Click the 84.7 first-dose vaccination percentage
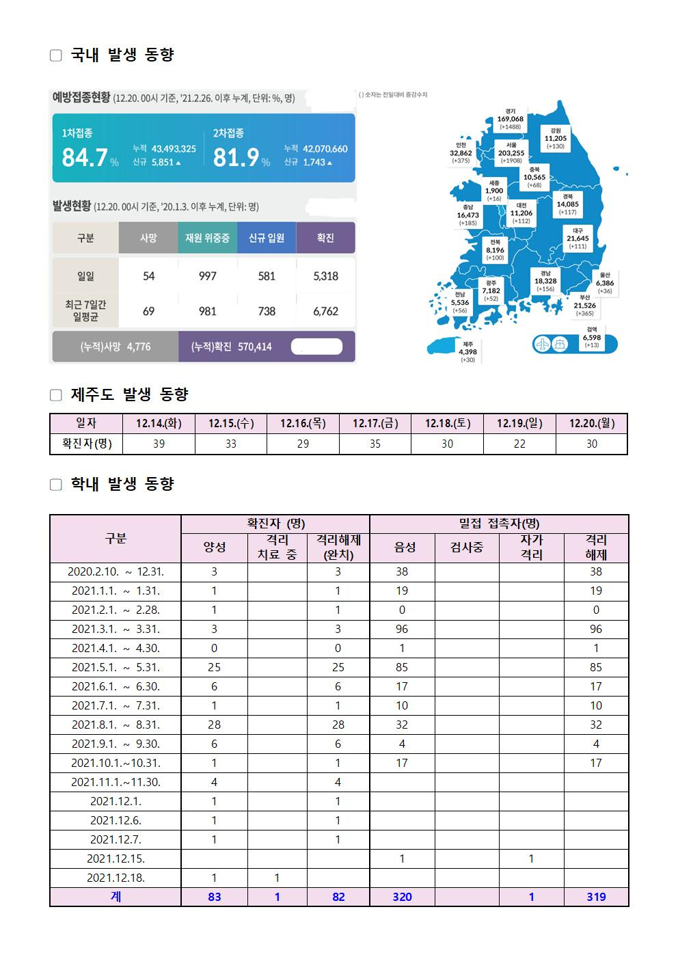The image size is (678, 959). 85,158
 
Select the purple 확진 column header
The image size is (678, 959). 325,238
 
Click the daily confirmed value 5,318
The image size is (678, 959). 325,276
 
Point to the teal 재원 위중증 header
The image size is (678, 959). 207,238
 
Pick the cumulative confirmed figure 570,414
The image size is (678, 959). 254,347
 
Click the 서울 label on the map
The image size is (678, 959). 511,146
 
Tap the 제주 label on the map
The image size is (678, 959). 468,345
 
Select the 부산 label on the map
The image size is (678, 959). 584,298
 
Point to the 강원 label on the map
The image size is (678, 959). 555,131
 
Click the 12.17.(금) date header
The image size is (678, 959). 375,424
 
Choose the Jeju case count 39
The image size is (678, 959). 159,444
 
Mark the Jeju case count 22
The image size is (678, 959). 519,444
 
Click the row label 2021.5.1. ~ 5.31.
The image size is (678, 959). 116,667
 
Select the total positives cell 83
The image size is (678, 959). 215,896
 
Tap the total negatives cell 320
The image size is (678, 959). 402,896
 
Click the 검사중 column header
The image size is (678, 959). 467,547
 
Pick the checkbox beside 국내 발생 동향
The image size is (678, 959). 56,55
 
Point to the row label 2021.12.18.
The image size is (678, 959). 116,878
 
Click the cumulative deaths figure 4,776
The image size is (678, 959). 139,347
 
